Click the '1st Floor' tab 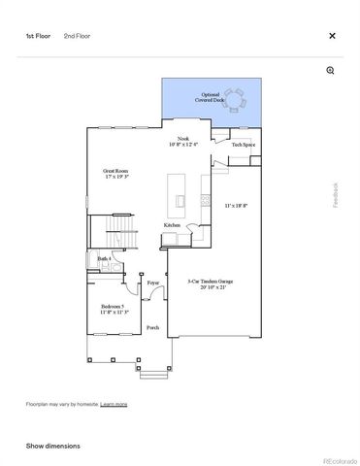click(39, 36)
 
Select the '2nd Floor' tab click(77, 36)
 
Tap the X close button click(332, 36)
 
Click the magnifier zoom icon click(331, 71)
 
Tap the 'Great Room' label click(116, 175)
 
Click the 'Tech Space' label click(244, 145)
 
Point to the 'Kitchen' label click(172, 224)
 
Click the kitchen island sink click(180, 201)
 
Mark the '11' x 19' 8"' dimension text click(237, 206)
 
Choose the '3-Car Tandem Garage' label click(211, 284)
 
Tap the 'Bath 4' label click(104, 258)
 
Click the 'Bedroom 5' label click(114, 309)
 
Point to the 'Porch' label click(152, 328)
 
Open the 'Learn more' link click(114, 403)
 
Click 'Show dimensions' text click(52, 446)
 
